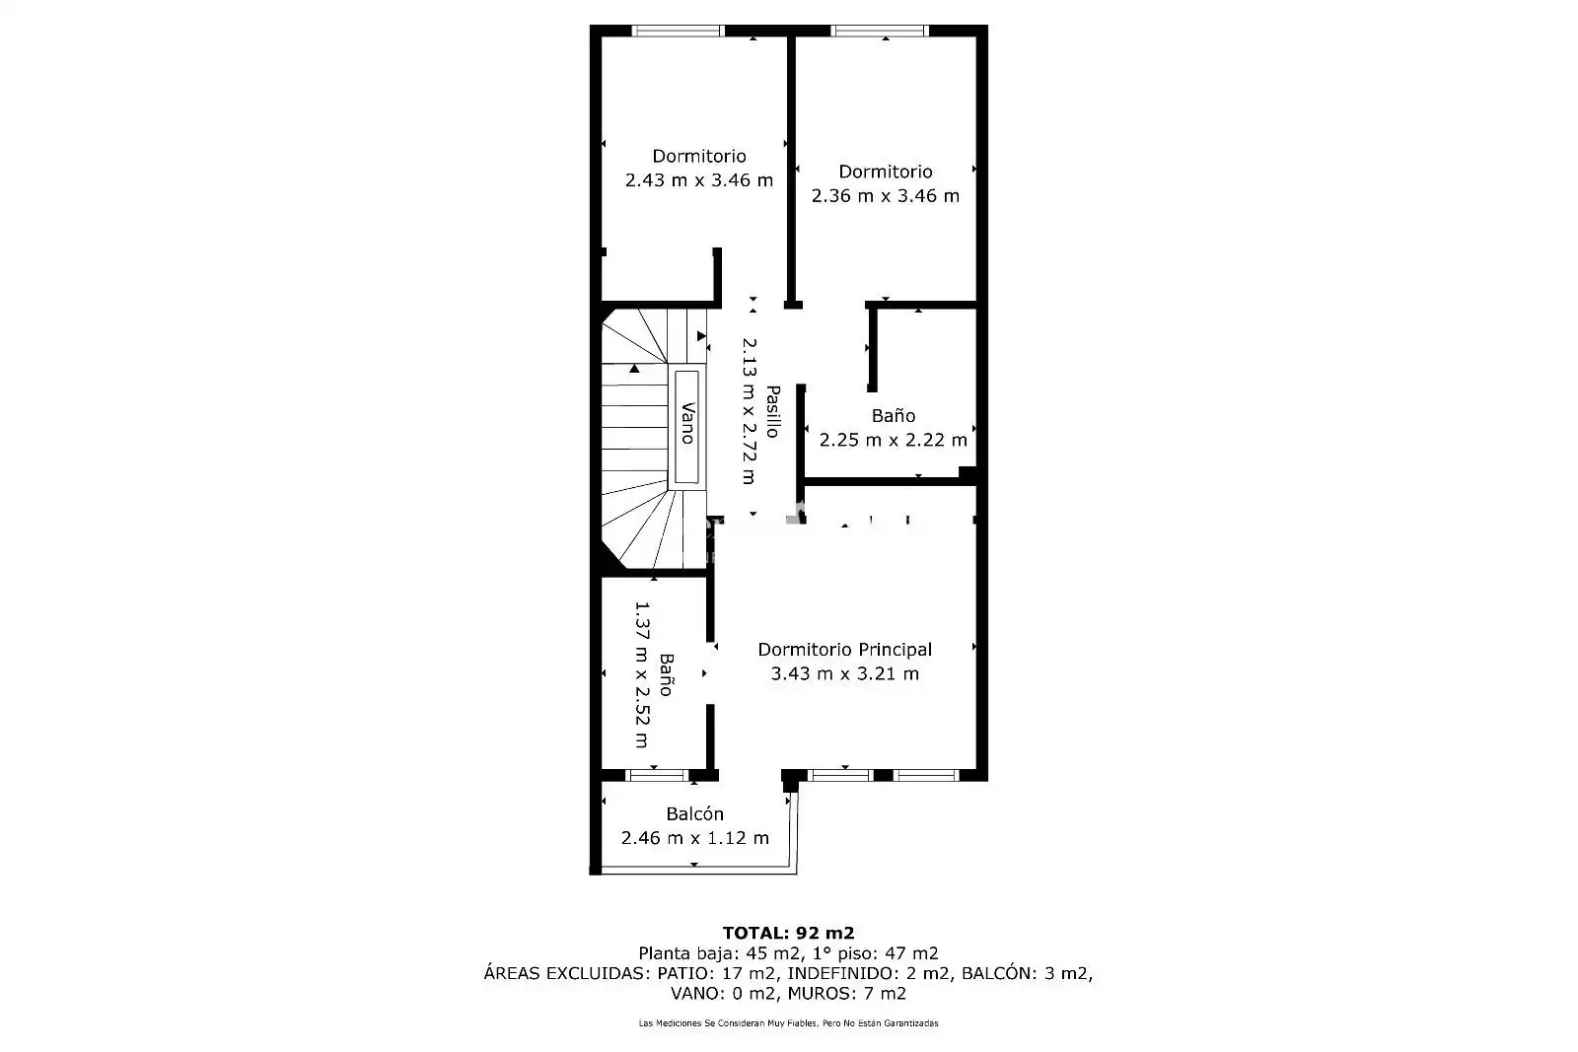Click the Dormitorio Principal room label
[x=844, y=650]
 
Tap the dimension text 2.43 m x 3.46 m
[x=699, y=180]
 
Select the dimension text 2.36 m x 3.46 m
[x=886, y=196]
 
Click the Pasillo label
[x=773, y=412]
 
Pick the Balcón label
[x=694, y=814]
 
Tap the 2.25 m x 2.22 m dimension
[x=894, y=440]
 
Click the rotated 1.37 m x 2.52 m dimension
[x=642, y=673]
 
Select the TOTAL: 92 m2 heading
[x=788, y=933]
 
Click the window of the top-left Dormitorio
[x=678, y=31]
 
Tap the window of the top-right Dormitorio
[x=879, y=31]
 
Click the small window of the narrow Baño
[x=657, y=775]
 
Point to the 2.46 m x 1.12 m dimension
[x=694, y=838]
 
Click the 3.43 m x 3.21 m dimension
[x=844, y=673]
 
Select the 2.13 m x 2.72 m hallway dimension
[x=749, y=411]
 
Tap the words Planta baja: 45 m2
[x=720, y=953]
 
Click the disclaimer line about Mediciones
[x=788, y=1023]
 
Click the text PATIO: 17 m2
[x=718, y=973]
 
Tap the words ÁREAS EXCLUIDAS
[x=567, y=973]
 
